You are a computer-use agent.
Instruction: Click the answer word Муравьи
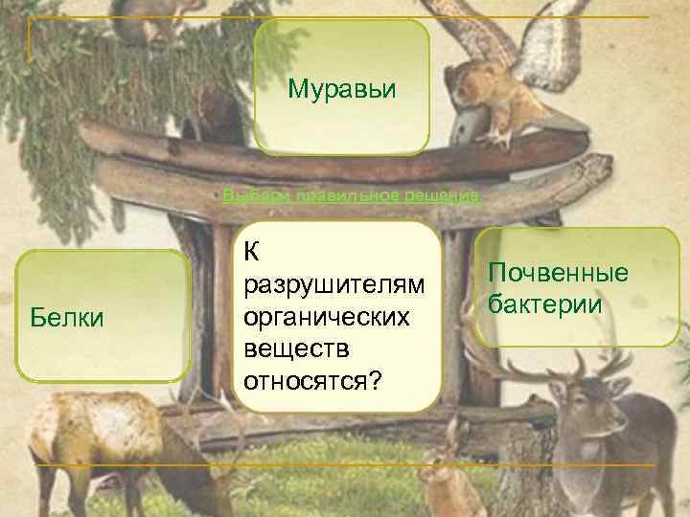[341, 91]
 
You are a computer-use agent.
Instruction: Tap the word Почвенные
[559, 274]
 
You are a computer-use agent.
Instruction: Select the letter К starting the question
[252, 252]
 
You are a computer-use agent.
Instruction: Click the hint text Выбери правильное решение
[351, 195]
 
